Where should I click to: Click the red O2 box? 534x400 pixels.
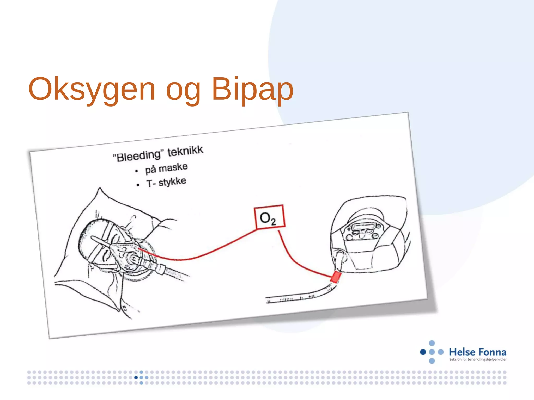[269, 217]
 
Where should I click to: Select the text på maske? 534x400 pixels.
[166, 168]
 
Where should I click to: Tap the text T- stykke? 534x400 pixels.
[166, 182]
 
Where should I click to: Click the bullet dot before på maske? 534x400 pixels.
[136, 171]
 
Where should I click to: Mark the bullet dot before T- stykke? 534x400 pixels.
[138, 185]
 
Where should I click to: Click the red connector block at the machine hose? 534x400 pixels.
[336, 277]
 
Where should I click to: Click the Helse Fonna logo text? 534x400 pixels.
[477, 352]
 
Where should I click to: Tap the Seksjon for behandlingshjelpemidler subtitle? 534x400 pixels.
[478, 359]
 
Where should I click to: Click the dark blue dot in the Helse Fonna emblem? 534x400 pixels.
[423, 352]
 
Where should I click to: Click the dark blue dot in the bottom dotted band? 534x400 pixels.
[136, 377]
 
